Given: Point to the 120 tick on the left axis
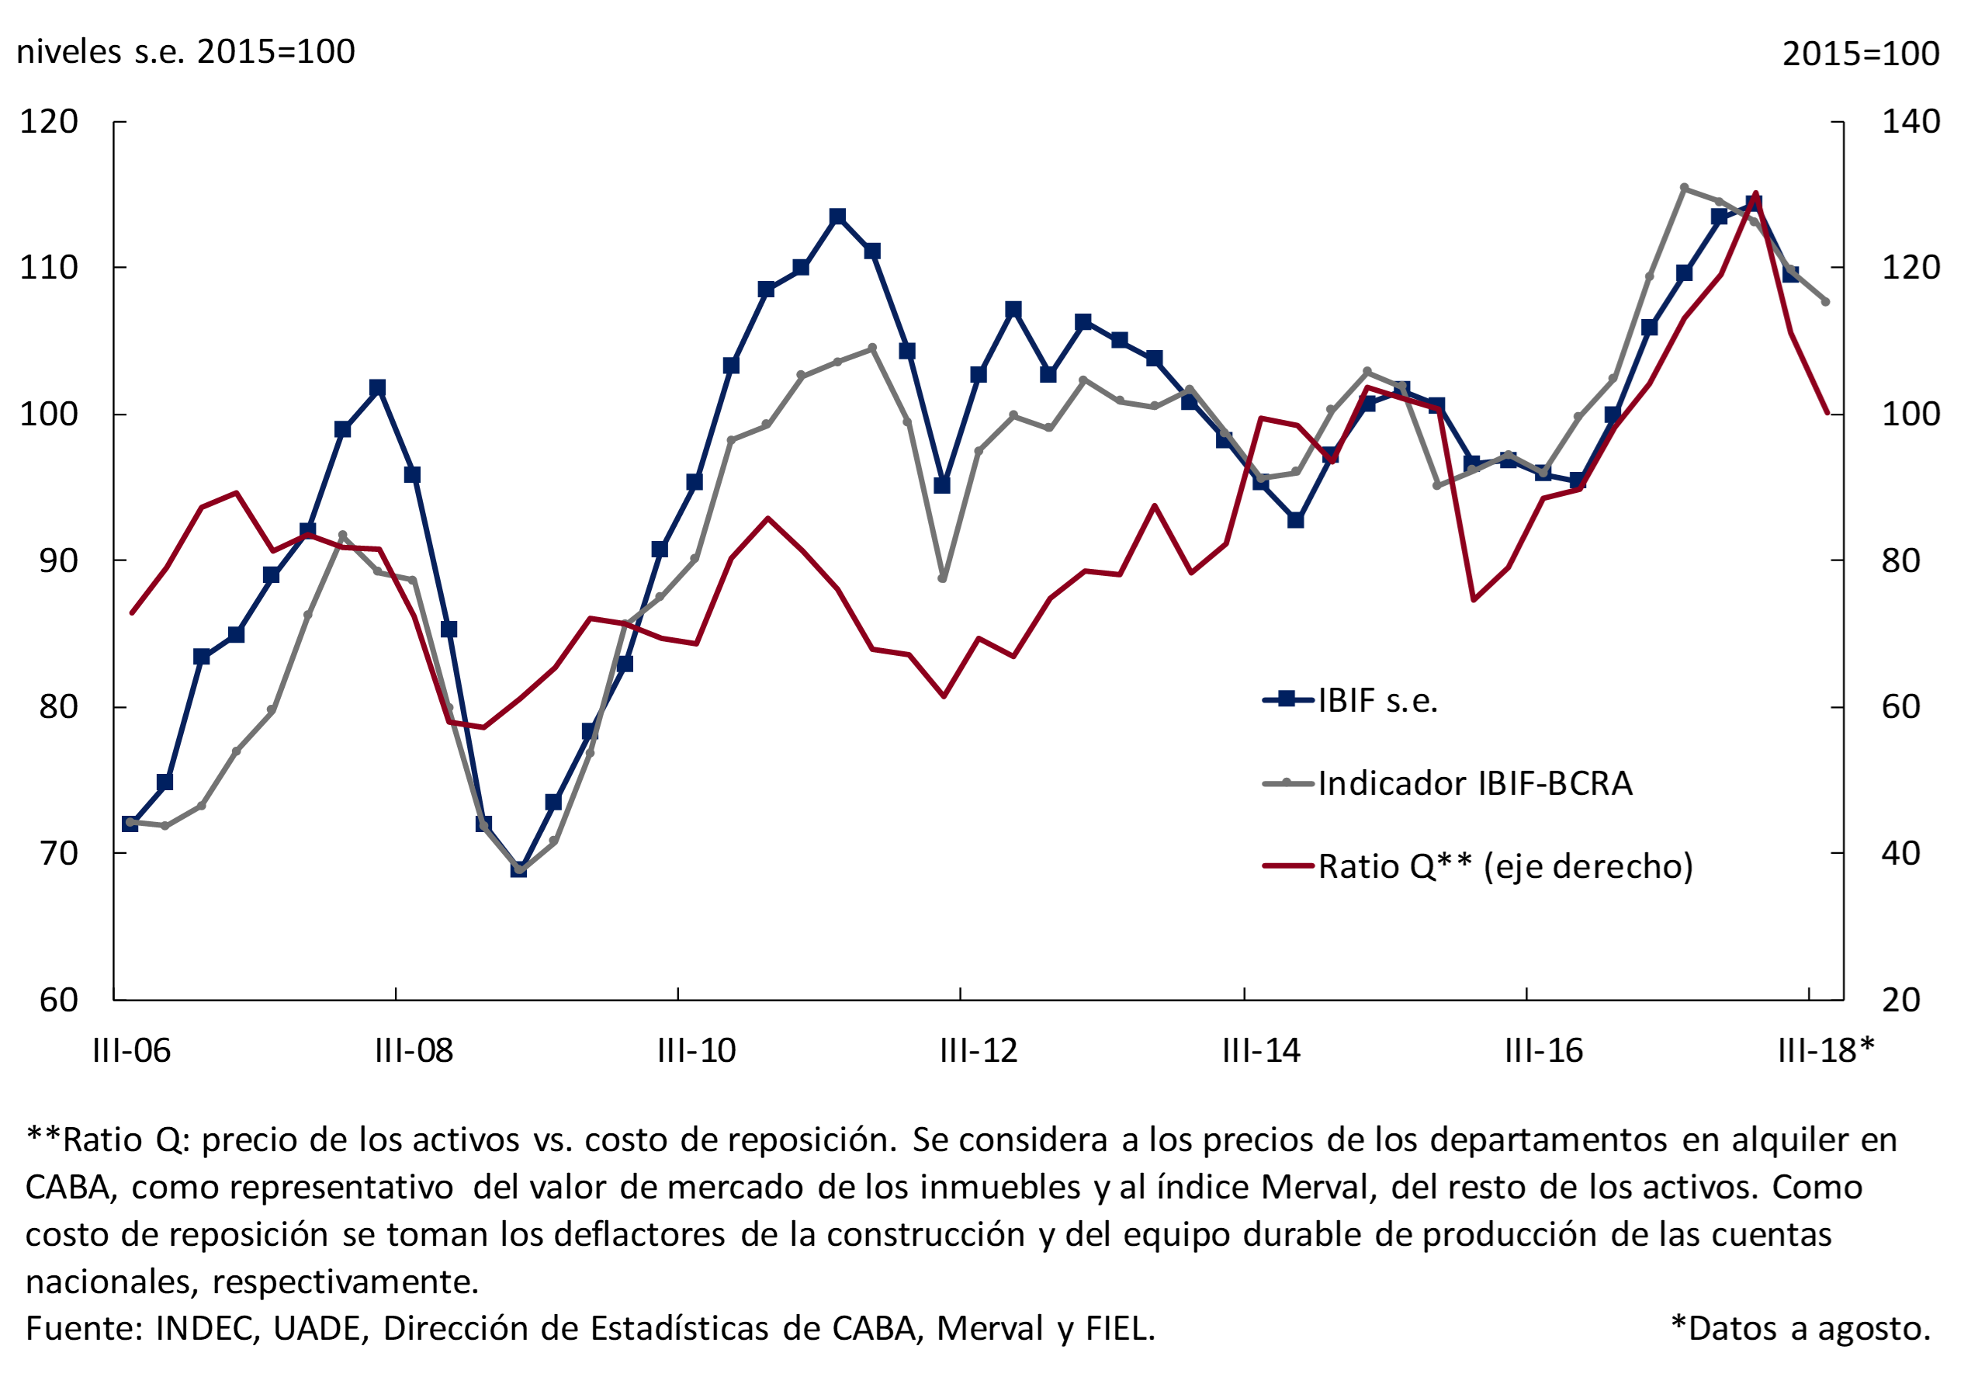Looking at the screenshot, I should [49, 122].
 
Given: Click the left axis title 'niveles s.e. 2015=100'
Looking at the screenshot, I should [185, 52].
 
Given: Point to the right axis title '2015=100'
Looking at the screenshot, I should [1860, 54].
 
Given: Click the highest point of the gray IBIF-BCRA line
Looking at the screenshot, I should [1685, 187].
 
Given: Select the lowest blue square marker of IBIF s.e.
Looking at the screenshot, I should [518, 869].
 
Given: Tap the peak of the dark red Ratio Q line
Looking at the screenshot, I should [1755, 194].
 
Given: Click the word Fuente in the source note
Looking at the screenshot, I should [80, 1329].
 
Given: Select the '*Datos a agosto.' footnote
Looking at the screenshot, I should [1801, 1329].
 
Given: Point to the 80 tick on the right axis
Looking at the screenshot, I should [1900, 560].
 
